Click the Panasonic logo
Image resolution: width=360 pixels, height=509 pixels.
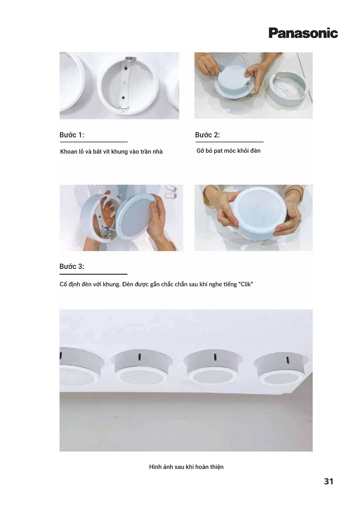click(303, 33)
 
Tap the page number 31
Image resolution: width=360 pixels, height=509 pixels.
click(328, 481)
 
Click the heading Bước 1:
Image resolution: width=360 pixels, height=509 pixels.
click(72, 135)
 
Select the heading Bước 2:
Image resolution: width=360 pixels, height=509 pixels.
click(207, 135)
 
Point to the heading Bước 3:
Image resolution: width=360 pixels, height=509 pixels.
click(72, 267)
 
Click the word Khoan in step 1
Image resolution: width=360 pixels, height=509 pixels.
click(69, 152)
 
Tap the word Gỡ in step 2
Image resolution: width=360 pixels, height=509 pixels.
click(200, 151)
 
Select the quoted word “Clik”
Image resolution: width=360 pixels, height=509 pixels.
click(245, 284)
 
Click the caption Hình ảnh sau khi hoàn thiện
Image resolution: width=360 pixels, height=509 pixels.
click(186, 467)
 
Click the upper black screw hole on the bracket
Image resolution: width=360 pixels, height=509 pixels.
click(126, 69)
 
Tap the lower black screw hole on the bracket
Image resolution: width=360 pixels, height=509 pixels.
click(123, 98)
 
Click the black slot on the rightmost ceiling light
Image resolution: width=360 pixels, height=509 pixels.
click(288, 360)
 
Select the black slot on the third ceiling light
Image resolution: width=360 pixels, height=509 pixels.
click(215, 357)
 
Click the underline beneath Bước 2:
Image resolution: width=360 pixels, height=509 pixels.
click(229, 142)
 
